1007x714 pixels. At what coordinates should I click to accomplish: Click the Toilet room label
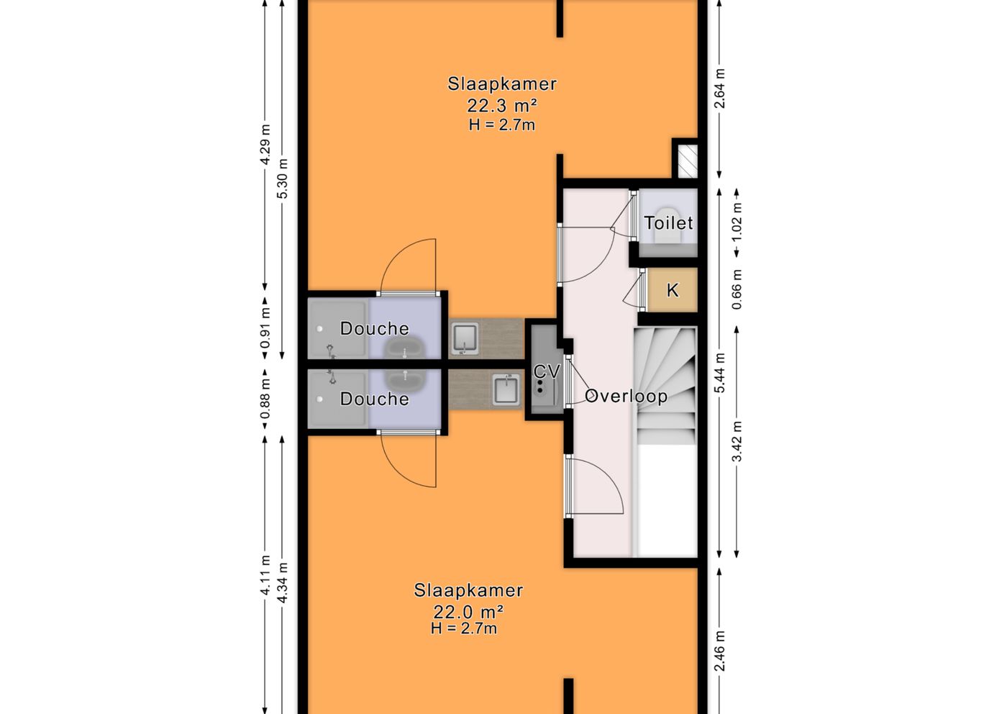(x=668, y=223)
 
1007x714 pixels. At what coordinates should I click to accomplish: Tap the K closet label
(x=673, y=290)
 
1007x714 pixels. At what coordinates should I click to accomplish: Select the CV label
(x=547, y=371)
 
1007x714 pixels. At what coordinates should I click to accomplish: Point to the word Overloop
(x=626, y=397)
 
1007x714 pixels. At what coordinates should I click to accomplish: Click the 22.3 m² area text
(x=502, y=106)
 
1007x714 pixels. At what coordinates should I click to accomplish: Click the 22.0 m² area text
(x=468, y=612)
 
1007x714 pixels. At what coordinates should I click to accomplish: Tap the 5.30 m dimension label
(x=282, y=178)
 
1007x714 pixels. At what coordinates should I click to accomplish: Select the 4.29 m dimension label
(x=265, y=145)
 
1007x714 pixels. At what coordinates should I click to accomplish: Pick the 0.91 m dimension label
(x=265, y=328)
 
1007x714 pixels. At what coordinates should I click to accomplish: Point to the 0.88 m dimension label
(x=265, y=398)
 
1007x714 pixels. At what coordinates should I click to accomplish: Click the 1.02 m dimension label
(x=737, y=222)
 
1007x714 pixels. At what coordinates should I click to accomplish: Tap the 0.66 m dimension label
(x=737, y=290)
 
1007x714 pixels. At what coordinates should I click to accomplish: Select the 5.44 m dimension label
(x=720, y=373)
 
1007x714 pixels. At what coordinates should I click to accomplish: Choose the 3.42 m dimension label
(x=737, y=442)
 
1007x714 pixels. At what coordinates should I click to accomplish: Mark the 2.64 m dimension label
(x=720, y=89)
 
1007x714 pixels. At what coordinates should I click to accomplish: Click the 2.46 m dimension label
(x=720, y=651)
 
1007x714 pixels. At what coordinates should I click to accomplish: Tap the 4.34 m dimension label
(x=282, y=582)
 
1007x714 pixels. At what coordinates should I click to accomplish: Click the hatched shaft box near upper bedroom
(x=688, y=161)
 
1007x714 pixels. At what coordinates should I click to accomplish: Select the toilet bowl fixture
(x=668, y=225)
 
